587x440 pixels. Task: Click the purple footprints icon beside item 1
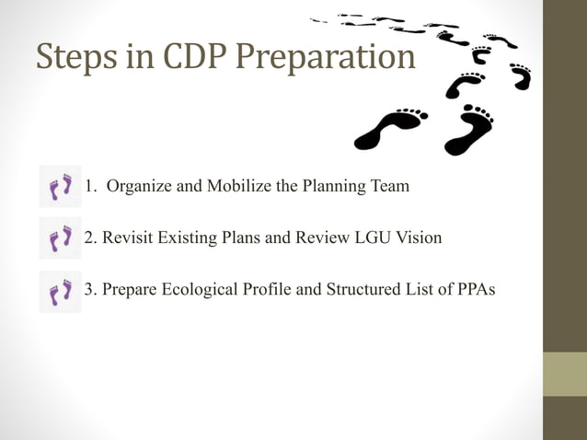tap(61, 187)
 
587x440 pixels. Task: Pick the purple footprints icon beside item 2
tap(61, 238)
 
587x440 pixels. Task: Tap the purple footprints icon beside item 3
tap(61, 291)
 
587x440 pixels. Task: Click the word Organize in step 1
tap(138, 187)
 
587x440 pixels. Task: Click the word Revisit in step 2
tap(125, 237)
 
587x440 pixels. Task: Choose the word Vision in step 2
tap(419, 237)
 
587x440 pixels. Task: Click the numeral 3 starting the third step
tap(89, 290)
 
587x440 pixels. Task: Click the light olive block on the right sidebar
tap(565, 374)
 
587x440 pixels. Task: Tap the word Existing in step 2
tap(186, 237)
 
